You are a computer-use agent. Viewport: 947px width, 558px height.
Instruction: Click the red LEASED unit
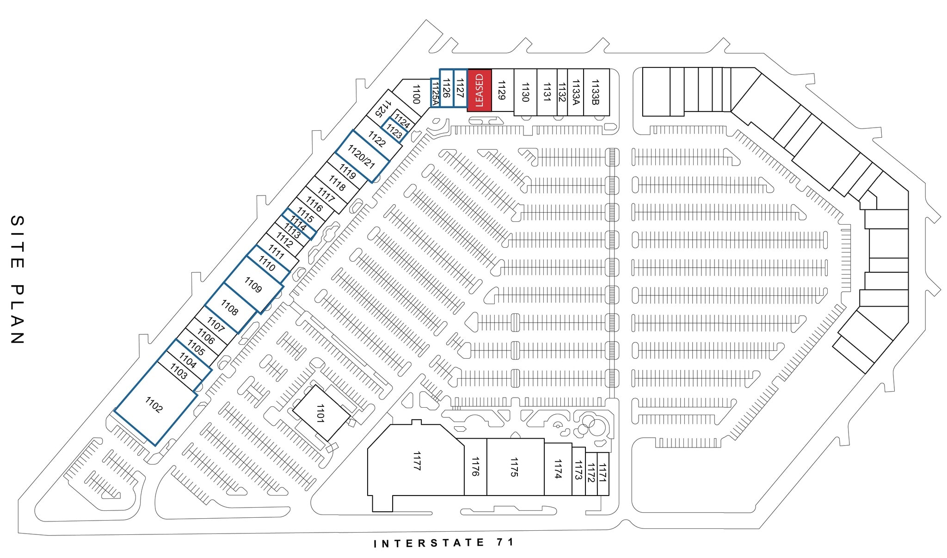[479, 90]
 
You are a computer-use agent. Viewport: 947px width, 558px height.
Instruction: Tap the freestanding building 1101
[320, 413]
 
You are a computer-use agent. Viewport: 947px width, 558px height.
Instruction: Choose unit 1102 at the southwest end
[154, 405]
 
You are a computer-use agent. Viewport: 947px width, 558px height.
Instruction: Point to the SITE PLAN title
[17, 279]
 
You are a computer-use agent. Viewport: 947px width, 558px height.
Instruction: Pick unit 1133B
[596, 92]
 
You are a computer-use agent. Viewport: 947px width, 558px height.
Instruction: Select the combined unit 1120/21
[362, 156]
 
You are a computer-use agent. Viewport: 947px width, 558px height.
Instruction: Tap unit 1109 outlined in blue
[253, 285]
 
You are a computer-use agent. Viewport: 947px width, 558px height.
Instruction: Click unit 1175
[515, 467]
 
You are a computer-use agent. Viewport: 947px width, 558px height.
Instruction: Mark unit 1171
[602, 474]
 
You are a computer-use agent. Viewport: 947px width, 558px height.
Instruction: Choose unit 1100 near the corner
[415, 94]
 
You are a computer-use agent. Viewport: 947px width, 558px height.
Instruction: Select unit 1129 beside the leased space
[502, 90]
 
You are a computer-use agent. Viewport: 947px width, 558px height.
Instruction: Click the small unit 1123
[394, 131]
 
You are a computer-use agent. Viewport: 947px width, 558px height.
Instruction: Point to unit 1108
[230, 308]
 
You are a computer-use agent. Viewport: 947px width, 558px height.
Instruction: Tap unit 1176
[475, 467]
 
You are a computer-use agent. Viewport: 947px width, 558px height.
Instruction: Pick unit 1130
[525, 92]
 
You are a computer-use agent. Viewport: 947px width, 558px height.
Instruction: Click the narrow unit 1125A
[434, 93]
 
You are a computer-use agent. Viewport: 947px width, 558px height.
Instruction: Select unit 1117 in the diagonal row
[326, 196]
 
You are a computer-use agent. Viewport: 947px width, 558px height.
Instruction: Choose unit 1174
[558, 469]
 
